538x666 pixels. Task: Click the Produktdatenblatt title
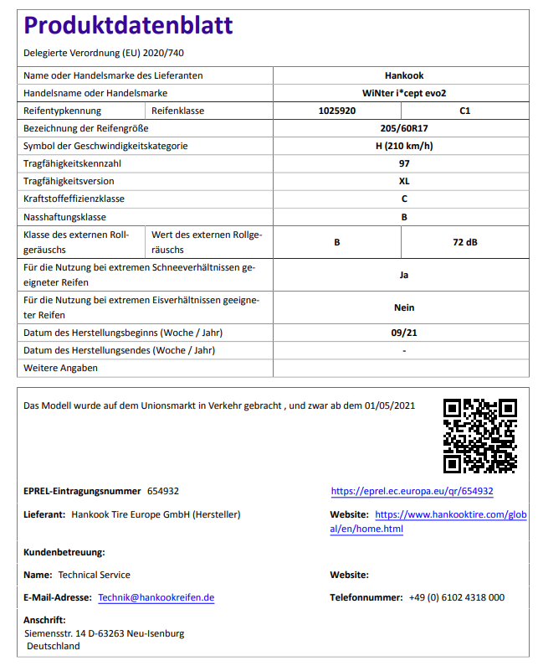pos(129,26)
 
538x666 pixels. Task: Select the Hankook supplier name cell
pos(404,75)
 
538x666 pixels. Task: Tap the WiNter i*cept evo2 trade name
pos(404,93)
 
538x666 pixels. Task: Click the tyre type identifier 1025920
pos(337,111)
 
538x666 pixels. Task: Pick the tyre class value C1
pos(465,111)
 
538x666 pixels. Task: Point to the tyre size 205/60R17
pos(404,128)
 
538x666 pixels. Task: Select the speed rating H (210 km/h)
pos(404,146)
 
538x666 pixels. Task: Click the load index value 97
pos(404,163)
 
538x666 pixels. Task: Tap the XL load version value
pos(404,181)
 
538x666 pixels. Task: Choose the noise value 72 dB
pos(465,242)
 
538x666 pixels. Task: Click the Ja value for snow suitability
pos(404,274)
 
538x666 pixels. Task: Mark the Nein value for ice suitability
pos(404,307)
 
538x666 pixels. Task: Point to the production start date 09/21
pos(404,333)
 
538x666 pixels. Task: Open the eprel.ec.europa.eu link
pos(412,492)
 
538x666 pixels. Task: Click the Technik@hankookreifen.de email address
pos(156,598)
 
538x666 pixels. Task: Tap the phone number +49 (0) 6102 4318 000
pos(456,598)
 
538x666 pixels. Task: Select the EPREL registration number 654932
pos(163,492)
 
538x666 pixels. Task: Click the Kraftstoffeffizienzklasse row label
pos(74,199)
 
